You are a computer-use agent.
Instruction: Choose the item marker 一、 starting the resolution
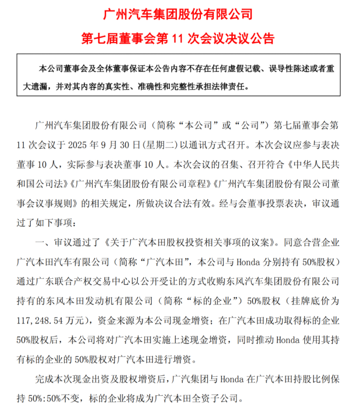coord(42,242)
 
